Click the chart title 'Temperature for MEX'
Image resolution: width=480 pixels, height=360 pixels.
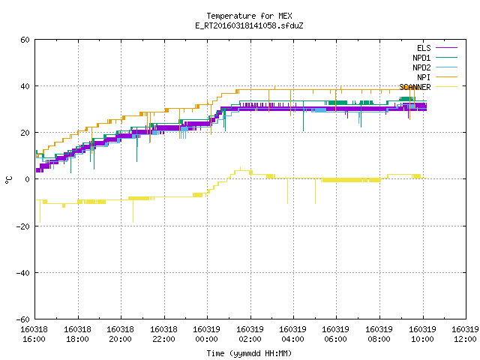coord(249,16)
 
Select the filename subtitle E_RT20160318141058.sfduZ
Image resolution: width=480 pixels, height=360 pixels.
coord(249,25)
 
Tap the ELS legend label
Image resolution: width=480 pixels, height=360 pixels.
coord(424,48)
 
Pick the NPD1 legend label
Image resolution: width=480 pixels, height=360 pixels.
coord(421,58)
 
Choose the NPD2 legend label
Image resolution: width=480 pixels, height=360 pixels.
coord(421,67)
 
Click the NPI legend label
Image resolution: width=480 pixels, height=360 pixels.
coord(424,77)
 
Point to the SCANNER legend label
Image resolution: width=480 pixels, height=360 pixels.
coord(415,87)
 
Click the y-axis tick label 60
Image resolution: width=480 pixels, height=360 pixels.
coord(25,40)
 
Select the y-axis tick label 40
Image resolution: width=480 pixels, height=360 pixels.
coord(25,86)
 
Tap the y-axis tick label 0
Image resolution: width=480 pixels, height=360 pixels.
coord(28,179)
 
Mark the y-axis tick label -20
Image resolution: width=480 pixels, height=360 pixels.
coord(23,226)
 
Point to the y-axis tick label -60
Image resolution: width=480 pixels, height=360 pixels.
coord(23,319)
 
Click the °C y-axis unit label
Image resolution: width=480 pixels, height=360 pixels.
coord(8,180)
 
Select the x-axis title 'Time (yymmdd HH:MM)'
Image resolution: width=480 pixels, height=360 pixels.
coord(249,353)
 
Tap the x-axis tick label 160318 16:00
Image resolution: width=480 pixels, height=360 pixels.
coord(34,334)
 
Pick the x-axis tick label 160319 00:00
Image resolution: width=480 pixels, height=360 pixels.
coord(207,334)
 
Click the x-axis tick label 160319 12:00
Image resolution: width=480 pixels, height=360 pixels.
coord(465,334)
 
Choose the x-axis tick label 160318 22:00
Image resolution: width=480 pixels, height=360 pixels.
coord(163,334)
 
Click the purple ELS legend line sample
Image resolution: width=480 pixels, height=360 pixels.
coord(447,48)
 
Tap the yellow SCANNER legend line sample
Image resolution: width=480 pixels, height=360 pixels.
coord(447,87)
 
